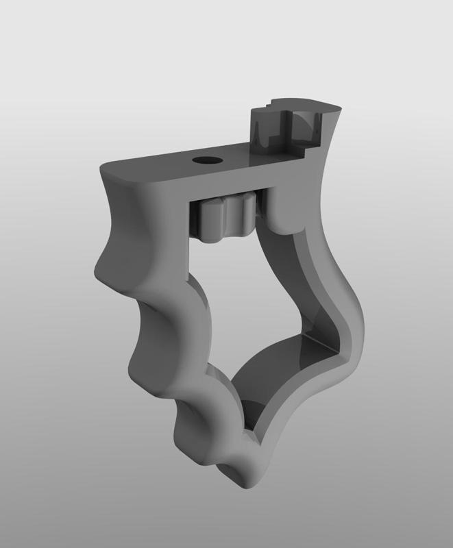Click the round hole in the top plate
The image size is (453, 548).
[x=204, y=160]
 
